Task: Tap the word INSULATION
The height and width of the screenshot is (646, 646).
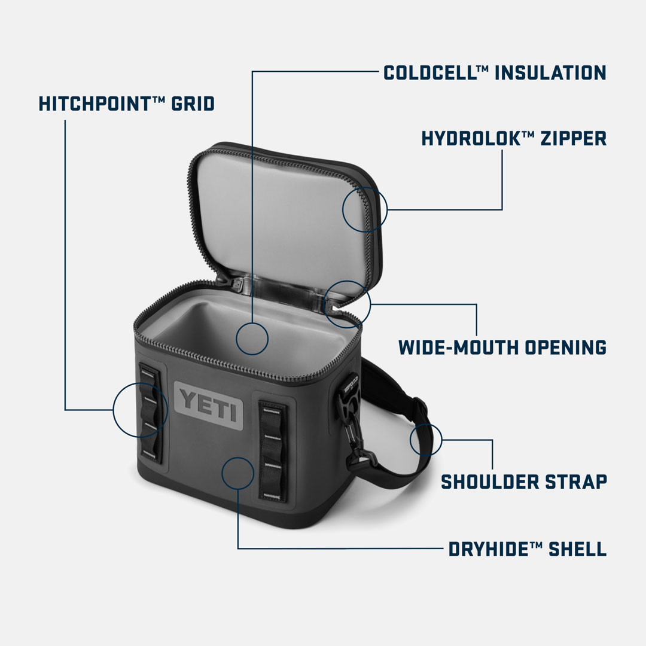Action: coord(550,73)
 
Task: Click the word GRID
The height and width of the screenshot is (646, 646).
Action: coord(193,103)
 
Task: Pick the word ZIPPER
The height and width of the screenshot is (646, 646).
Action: coord(573,139)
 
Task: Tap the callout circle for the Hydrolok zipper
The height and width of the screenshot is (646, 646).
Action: coord(365,209)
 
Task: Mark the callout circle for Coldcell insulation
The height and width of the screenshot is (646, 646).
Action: coord(252,339)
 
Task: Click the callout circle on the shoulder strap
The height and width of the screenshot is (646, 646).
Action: coord(426,440)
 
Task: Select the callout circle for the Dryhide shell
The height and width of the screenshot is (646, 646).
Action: coord(238,473)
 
